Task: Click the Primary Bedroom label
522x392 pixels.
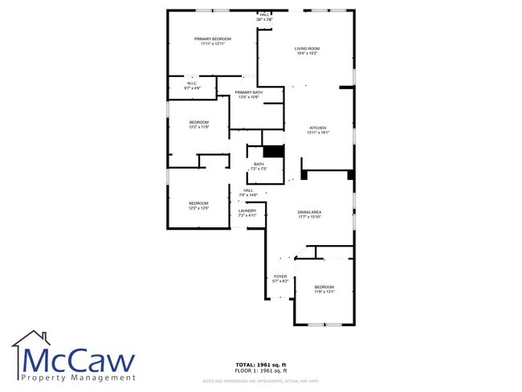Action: click(x=213, y=41)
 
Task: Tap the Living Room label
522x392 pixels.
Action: click(x=308, y=51)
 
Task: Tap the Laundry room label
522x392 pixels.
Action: click(x=247, y=213)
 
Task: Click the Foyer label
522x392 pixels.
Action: click(x=280, y=279)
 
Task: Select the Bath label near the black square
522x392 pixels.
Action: click(x=258, y=166)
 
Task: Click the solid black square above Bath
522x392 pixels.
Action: click(x=274, y=151)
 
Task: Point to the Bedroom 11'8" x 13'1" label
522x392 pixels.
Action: click(x=324, y=289)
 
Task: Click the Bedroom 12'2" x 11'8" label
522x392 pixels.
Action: click(x=199, y=125)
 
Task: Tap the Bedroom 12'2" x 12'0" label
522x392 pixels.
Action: click(x=198, y=206)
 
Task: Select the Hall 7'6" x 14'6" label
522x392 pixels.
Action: click(x=248, y=193)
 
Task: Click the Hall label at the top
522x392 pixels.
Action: click(x=265, y=16)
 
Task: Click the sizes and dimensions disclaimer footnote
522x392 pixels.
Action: click(x=260, y=380)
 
